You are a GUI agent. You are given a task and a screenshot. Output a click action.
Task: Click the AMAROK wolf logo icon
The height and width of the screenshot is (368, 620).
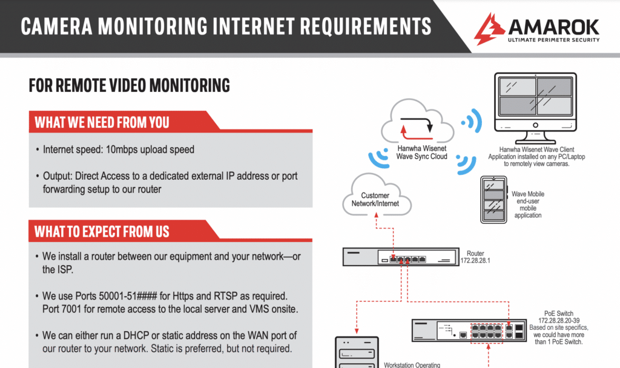(x=490, y=29)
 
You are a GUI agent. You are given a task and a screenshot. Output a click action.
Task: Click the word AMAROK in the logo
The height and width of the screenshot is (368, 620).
(x=553, y=27)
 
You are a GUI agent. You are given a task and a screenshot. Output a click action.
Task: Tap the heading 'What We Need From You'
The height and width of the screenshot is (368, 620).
(x=102, y=122)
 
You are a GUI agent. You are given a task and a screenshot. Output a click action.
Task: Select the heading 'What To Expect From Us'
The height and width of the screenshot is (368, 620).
(x=102, y=231)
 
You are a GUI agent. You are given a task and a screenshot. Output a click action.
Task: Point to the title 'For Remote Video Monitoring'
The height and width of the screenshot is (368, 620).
(x=130, y=85)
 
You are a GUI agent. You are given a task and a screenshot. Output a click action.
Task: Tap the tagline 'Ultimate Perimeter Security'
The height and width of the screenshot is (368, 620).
(x=554, y=40)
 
